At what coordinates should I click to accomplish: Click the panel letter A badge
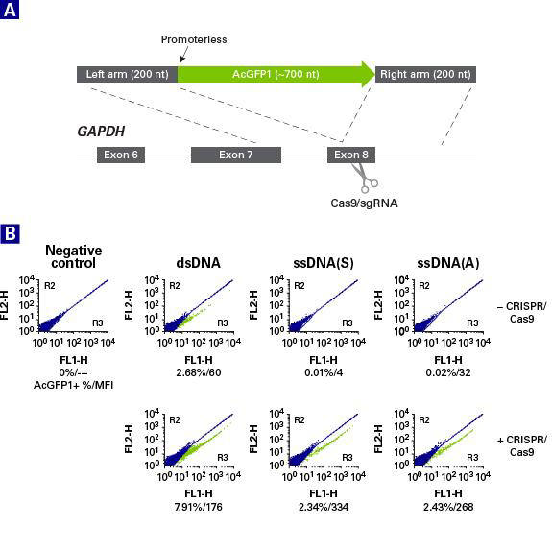(x=10, y=10)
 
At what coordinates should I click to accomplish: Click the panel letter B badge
(x=10, y=233)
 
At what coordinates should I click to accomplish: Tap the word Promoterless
(x=194, y=39)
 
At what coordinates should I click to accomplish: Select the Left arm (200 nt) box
(x=127, y=74)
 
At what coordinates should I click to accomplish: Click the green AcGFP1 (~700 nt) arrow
(x=276, y=74)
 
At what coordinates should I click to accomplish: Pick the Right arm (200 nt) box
(x=425, y=74)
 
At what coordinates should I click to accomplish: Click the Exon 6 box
(x=121, y=155)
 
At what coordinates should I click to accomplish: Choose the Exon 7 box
(x=236, y=155)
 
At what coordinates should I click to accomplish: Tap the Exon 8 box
(x=351, y=155)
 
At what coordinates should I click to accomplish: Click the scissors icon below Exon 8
(x=365, y=179)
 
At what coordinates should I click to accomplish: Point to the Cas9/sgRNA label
(x=364, y=203)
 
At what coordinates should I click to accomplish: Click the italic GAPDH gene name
(x=101, y=132)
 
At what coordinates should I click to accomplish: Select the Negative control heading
(x=74, y=256)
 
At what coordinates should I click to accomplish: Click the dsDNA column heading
(x=199, y=263)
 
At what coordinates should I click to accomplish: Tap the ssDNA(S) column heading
(x=324, y=263)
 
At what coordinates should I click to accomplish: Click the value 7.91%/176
(x=199, y=507)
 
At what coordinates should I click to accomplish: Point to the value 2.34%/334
(x=324, y=507)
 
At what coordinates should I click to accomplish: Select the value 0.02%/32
(x=448, y=372)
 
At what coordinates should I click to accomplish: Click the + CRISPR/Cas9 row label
(x=522, y=445)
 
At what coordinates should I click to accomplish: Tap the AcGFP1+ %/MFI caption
(x=74, y=385)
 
